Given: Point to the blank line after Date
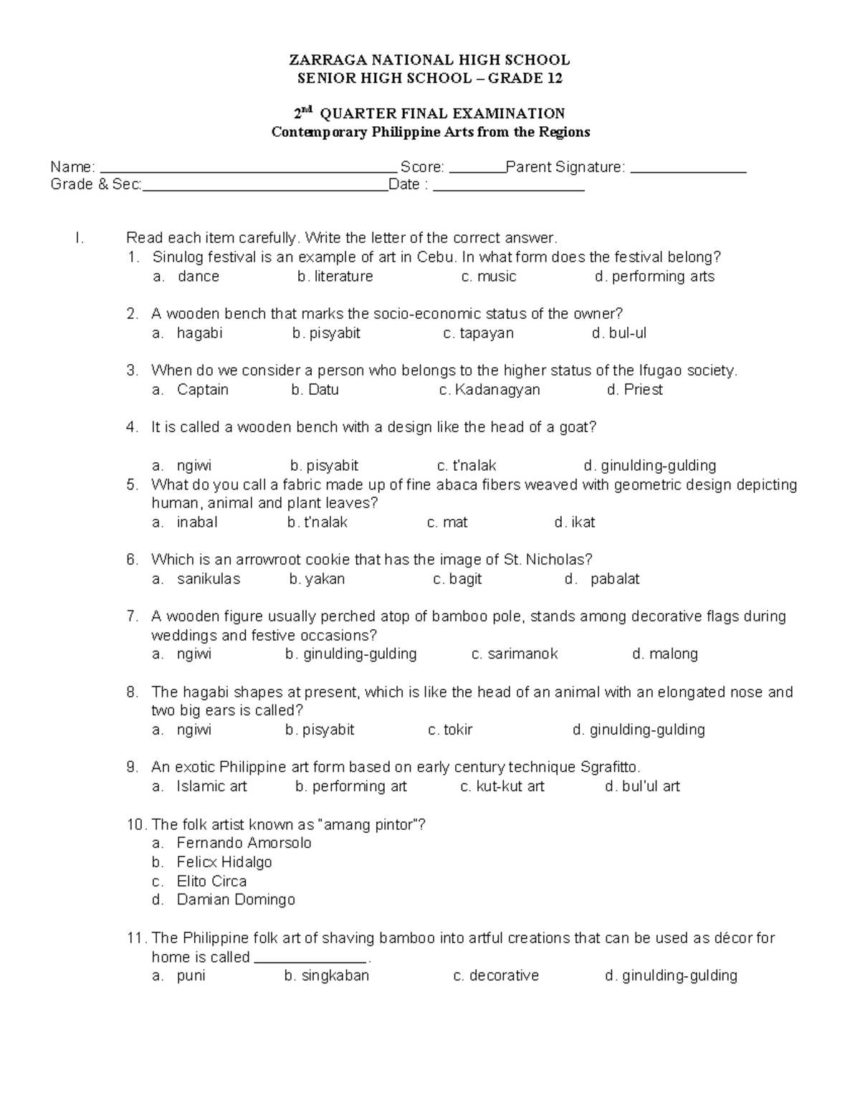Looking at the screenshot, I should (x=510, y=188).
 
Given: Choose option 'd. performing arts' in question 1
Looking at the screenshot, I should (x=654, y=277).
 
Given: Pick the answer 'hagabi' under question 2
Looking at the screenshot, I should (x=200, y=333).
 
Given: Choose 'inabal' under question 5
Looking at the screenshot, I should (x=197, y=522).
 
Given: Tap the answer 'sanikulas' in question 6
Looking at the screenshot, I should (x=209, y=579).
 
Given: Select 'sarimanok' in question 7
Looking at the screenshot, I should (x=522, y=654).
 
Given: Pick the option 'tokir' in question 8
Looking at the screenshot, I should (x=458, y=730).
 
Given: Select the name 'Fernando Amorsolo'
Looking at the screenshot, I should (x=244, y=844).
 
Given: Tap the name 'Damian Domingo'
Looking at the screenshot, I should (x=236, y=900).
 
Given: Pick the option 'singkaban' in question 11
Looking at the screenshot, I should (x=335, y=976).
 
